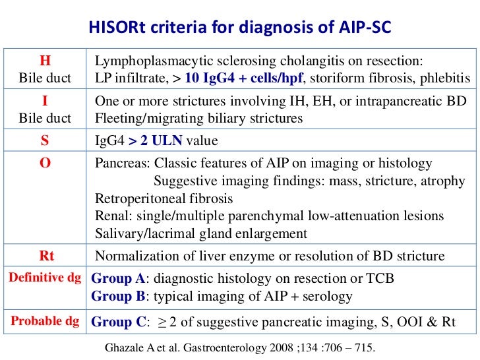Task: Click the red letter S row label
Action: point(45,141)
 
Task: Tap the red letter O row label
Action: point(45,163)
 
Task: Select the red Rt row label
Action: point(45,256)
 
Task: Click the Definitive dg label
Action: point(45,278)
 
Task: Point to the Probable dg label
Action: point(45,322)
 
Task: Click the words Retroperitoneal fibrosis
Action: point(164,198)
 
